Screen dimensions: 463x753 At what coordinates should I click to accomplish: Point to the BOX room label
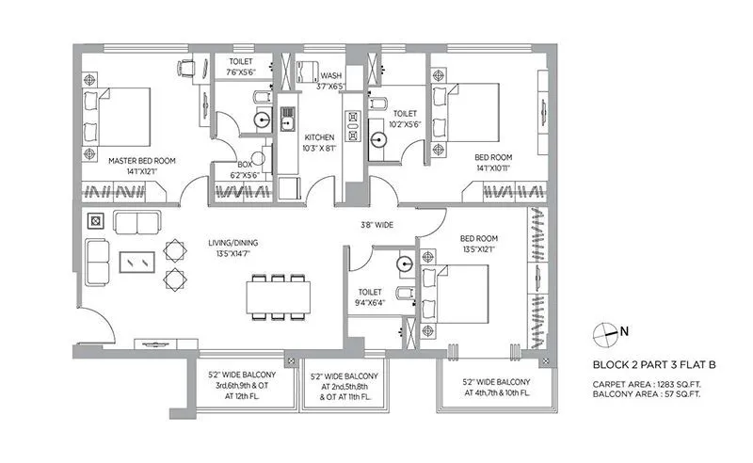(244, 165)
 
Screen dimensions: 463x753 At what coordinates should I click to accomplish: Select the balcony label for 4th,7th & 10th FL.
(496, 387)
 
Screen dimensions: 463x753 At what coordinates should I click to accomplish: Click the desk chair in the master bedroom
(187, 66)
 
